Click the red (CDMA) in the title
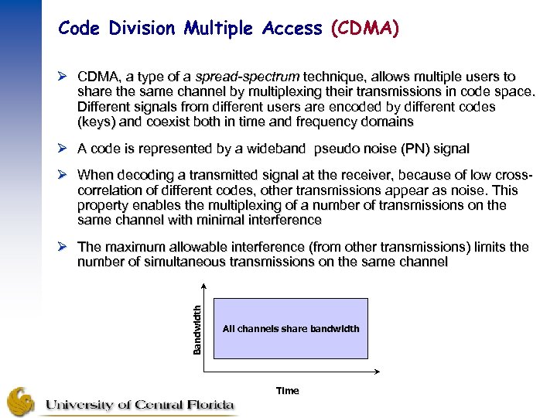(x=364, y=29)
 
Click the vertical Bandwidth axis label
(x=196, y=329)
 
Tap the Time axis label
(x=287, y=391)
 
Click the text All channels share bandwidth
(x=291, y=329)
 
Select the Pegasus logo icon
(x=22, y=401)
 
